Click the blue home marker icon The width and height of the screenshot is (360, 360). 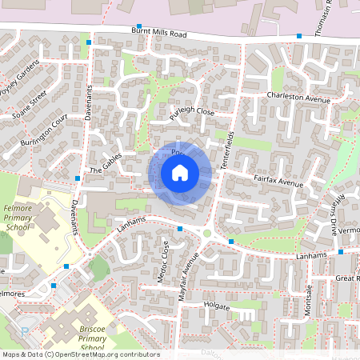pyautogui.click(x=180, y=173)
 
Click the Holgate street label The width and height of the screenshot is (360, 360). pyautogui.click(x=217, y=306)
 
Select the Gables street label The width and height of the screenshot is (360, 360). pyautogui.click(x=105, y=163)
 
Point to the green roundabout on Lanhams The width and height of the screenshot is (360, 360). pyautogui.click(x=207, y=234)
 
